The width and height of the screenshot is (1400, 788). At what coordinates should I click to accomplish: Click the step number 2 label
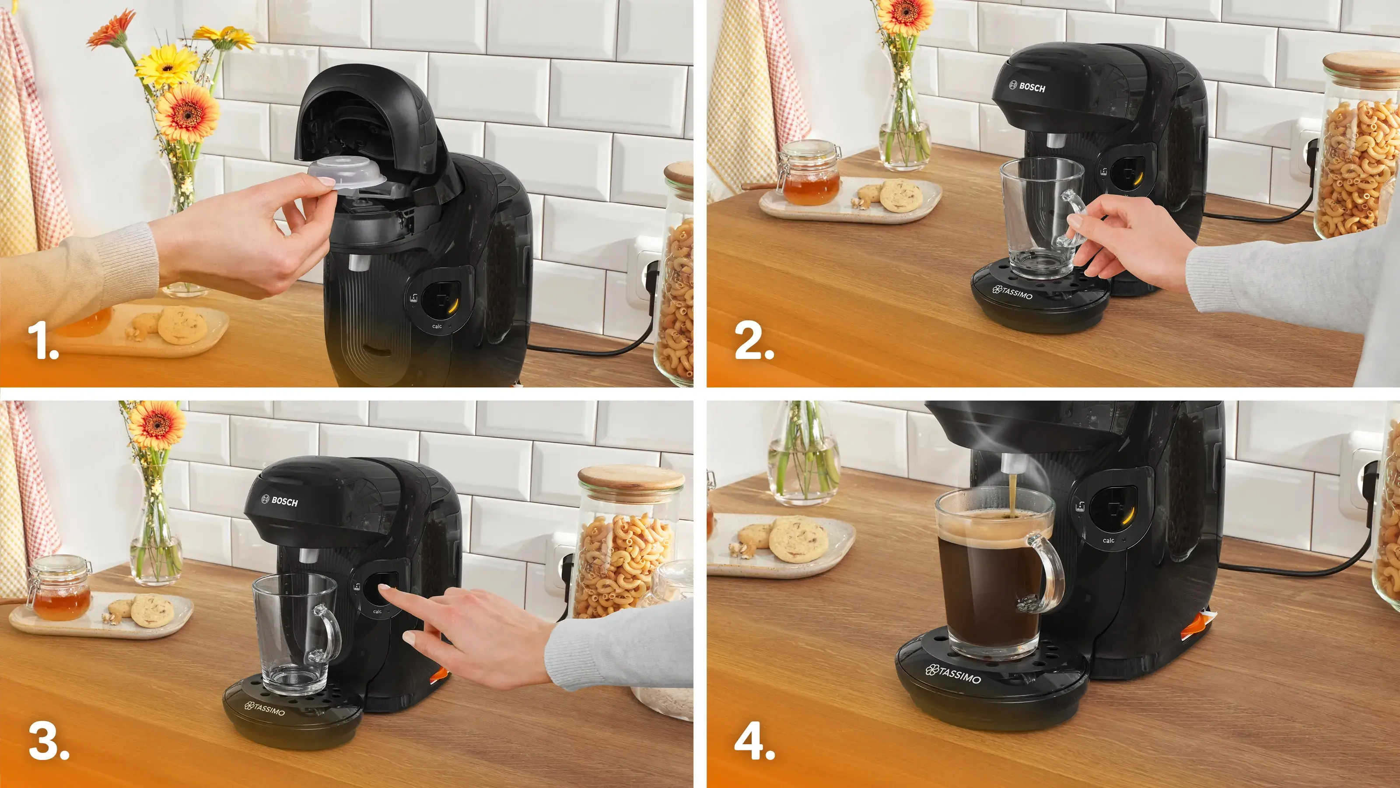(x=753, y=341)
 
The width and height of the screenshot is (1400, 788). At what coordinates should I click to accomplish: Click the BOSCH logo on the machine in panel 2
(x=1027, y=87)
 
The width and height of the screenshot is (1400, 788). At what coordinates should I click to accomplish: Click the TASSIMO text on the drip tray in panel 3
(x=265, y=709)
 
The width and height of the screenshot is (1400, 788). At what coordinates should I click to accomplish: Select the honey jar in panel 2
(x=810, y=174)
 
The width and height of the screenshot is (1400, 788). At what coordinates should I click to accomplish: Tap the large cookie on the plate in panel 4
(x=798, y=539)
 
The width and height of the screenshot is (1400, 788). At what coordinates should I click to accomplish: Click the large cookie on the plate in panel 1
(x=182, y=325)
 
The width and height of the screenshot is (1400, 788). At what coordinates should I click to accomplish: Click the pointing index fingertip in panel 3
(x=385, y=588)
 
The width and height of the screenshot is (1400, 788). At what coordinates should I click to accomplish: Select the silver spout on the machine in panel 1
(x=357, y=262)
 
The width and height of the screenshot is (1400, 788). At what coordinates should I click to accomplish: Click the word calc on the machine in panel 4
(x=1108, y=541)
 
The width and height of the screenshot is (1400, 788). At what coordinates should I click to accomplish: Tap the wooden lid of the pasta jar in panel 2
(x=1362, y=64)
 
